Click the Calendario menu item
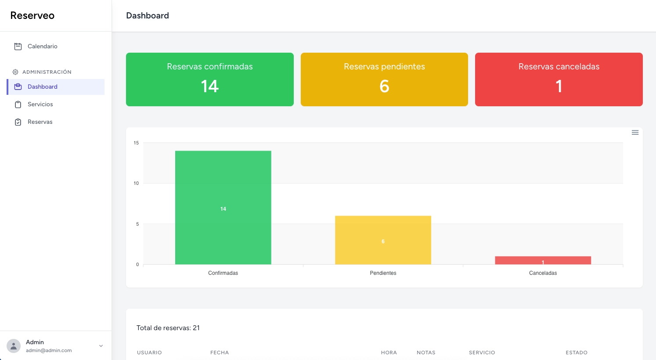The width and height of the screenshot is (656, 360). (42, 47)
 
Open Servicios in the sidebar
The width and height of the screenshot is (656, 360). (40, 104)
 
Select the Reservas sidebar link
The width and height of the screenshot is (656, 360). (40, 122)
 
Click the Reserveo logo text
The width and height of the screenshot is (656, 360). (32, 16)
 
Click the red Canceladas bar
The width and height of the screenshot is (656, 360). (543, 260)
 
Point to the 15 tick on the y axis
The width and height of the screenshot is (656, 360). (136, 143)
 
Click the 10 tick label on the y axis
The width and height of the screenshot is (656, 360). (136, 184)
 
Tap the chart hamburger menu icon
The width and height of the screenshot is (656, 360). (635, 133)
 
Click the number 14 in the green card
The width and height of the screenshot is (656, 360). (209, 86)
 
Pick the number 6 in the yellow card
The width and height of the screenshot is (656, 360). (384, 86)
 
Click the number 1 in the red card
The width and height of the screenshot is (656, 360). (559, 86)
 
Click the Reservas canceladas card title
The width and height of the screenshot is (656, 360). (559, 67)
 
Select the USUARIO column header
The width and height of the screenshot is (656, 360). (149, 353)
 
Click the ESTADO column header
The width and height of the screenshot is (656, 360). (576, 353)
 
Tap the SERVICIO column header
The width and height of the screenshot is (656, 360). (482, 353)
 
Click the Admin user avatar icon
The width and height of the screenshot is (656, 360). (14, 346)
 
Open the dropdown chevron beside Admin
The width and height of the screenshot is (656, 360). (101, 346)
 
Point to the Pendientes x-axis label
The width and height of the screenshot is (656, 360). (383, 273)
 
